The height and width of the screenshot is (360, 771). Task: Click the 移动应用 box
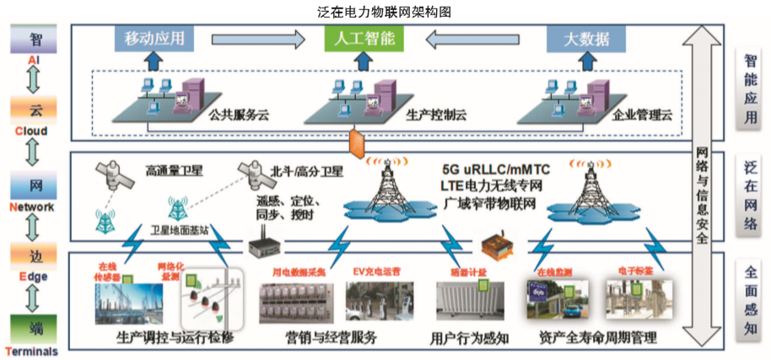[x=154, y=39]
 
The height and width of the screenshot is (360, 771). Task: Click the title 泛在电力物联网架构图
[x=384, y=10]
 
